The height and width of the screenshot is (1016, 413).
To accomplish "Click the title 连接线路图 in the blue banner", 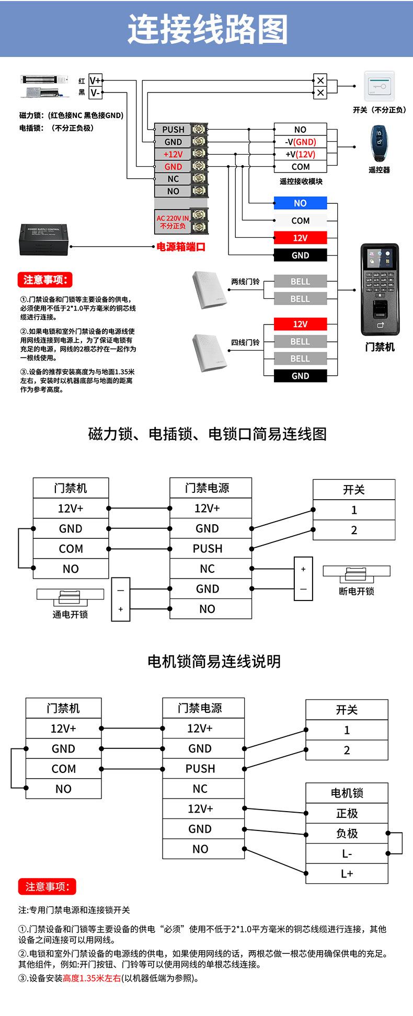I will pos(207,29).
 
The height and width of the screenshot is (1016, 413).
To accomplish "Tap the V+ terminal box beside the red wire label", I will pos(96,80).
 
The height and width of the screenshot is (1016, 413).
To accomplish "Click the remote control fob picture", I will pos(378,144).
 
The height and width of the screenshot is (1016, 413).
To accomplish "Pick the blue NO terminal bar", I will pos(300,203).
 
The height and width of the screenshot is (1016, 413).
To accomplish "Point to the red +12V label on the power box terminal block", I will pos(173,154).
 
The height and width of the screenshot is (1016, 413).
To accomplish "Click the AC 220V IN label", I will pos(173,218).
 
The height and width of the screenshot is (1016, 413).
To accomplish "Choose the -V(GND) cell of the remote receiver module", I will pos(300,142).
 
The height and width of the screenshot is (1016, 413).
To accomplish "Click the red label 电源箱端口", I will pos(181,247).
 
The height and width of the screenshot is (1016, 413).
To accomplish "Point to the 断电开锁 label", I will pos(356,591).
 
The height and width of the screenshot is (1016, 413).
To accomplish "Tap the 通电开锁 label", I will pos(70,614).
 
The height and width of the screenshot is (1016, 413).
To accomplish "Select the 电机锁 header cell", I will pos(347,793).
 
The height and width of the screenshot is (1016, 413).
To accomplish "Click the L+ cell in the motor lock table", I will pos(347,873).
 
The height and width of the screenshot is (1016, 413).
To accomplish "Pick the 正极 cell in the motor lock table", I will pos(347,813).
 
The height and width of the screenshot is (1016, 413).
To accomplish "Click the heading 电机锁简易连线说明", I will pos(214,661).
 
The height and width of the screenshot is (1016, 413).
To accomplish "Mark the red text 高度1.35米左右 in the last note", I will pos(91,978).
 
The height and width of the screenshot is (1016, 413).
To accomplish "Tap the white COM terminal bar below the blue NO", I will pos(300,221).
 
